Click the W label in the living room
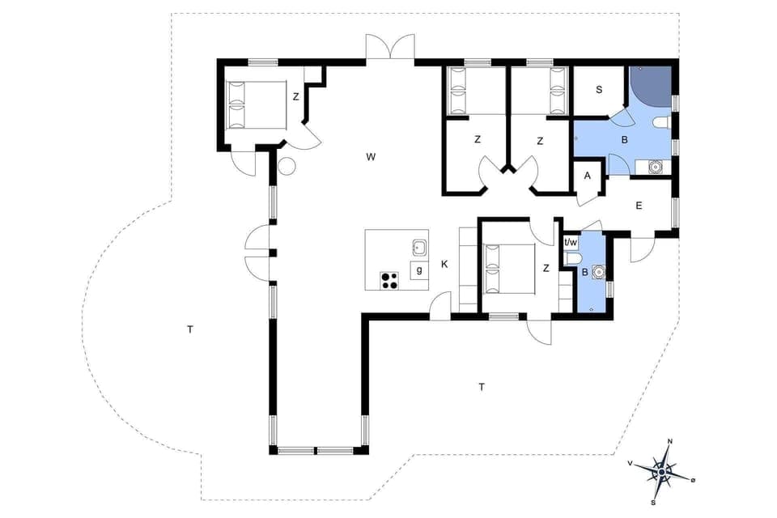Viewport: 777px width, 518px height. coord(370,157)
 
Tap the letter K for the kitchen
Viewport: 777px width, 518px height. coord(444,264)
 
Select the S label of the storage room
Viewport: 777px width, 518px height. coord(599,90)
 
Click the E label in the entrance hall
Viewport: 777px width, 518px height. coord(639,206)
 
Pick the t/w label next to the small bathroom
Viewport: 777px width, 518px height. coord(571,242)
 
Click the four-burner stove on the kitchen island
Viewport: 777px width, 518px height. coord(390,280)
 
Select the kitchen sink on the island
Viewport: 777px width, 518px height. coord(419,246)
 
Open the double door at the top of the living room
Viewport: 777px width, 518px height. coord(390,47)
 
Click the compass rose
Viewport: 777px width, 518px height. coord(663,470)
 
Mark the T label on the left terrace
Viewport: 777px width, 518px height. coord(189,329)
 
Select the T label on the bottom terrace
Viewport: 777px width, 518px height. coord(482,387)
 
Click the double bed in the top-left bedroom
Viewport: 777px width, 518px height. coord(256,105)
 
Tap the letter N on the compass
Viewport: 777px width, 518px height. coord(669,442)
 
